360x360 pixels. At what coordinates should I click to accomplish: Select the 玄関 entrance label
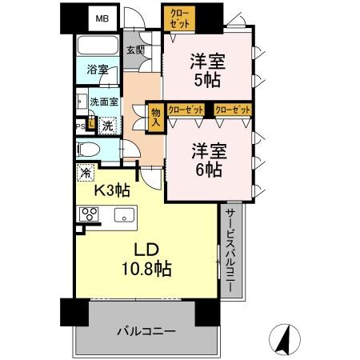pyautogui.click(x=135, y=50)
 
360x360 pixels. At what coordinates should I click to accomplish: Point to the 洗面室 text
pyautogui.click(x=103, y=102)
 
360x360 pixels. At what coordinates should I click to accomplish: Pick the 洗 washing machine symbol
pyautogui.click(x=106, y=124)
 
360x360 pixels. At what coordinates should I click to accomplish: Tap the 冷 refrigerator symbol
pyautogui.click(x=85, y=171)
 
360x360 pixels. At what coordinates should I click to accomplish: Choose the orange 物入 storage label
pyautogui.click(x=157, y=117)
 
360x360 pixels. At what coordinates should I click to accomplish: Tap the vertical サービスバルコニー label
pyautogui.click(x=230, y=250)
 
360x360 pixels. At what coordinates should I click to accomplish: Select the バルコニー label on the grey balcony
pyautogui.click(x=145, y=330)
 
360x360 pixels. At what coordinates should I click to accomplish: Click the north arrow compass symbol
pyautogui.click(x=282, y=339)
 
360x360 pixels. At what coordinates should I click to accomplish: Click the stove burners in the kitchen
pyautogui.click(x=88, y=214)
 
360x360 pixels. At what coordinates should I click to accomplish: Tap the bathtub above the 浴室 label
pyautogui.click(x=97, y=47)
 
